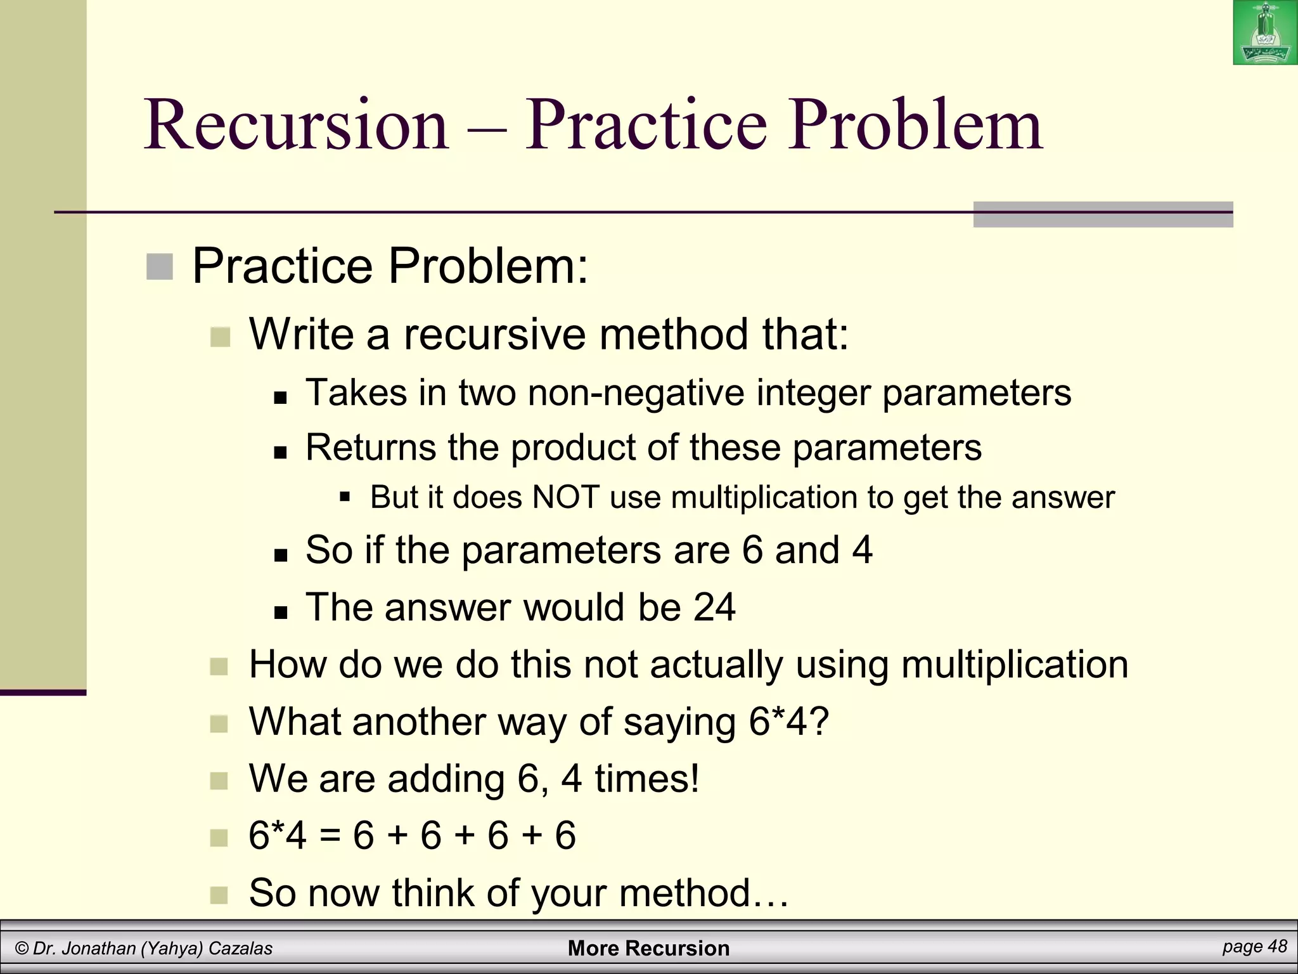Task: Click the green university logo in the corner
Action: click(1264, 32)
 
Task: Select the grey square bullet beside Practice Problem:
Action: click(159, 266)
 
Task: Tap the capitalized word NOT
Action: click(566, 497)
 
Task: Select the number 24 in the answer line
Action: click(714, 607)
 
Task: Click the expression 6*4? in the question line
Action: click(788, 722)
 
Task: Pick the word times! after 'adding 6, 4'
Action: click(647, 779)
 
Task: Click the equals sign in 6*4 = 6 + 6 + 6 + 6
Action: click(330, 836)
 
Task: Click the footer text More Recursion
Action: click(648, 948)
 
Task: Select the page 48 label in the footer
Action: click(1254, 947)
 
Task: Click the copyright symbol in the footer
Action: click(22, 949)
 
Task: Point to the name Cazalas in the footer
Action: click(240, 949)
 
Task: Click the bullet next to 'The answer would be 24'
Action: click(281, 613)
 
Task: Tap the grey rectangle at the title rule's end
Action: click(1103, 214)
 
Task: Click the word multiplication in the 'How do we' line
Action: click(1014, 665)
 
